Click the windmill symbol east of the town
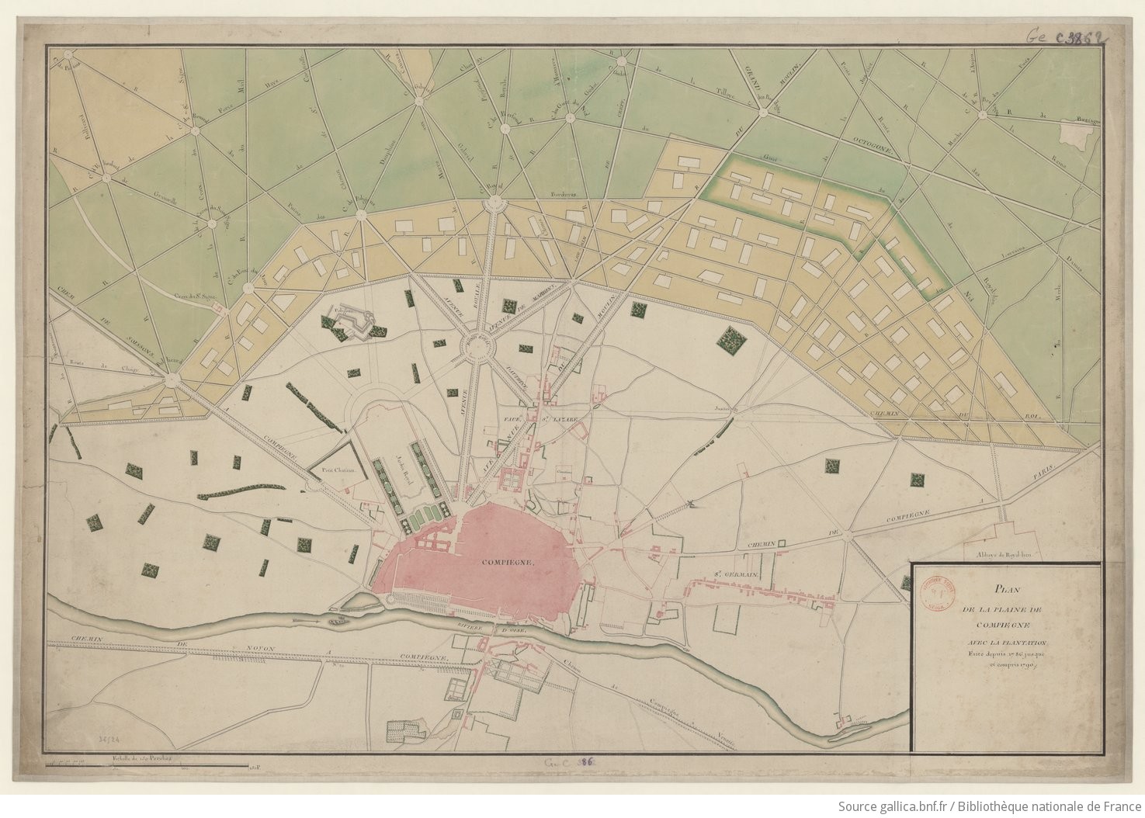point(690,505)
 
